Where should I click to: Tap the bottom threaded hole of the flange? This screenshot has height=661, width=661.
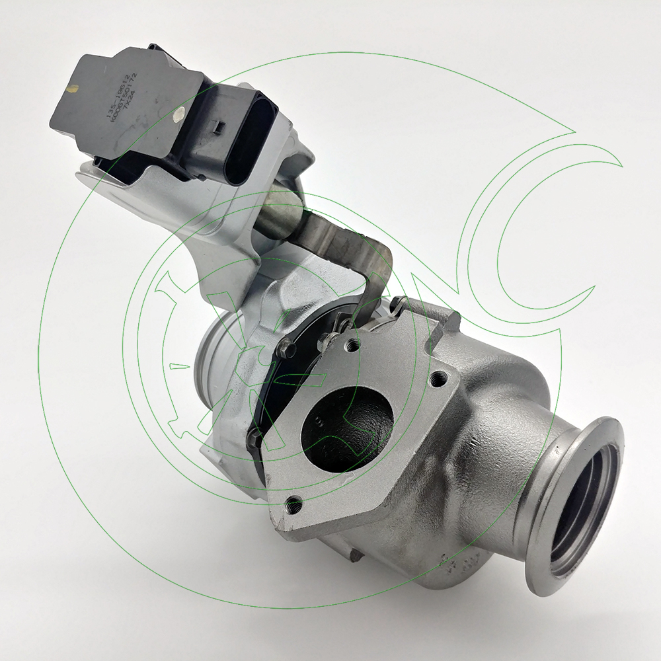(292, 506)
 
